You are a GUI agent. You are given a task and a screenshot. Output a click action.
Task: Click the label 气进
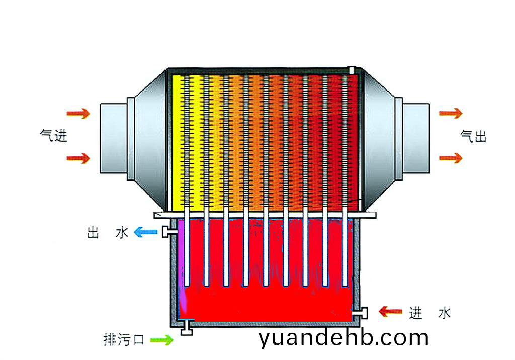coord(54,135)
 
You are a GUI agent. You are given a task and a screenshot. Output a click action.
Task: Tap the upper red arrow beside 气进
coord(78,113)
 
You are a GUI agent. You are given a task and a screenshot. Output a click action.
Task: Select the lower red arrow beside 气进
coord(78,159)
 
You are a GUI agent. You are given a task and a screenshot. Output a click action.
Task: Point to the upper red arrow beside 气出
coord(450,113)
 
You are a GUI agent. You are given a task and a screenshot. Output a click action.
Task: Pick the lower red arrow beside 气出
coord(450,158)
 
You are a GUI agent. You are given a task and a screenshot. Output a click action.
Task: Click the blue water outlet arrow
coord(144,232)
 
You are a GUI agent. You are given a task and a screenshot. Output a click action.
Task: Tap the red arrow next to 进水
coord(390,312)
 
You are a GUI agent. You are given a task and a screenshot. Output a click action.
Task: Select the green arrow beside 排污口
coord(162,340)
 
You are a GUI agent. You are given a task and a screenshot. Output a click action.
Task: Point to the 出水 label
coord(107,233)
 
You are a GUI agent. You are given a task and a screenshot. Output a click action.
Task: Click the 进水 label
coord(430,313)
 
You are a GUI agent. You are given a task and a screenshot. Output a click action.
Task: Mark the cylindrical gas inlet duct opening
coord(116,137)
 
